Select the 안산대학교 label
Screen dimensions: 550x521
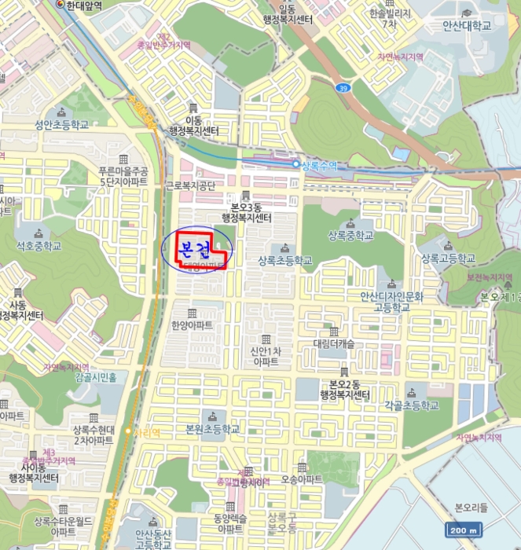[466, 25]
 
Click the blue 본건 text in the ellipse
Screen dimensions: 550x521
[196, 250]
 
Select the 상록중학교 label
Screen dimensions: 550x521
[350, 235]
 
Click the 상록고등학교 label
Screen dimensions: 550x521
[448, 258]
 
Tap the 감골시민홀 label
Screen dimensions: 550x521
[96, 377]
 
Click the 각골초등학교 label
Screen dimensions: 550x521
[412, 405]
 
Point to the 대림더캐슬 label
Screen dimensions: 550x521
[335, 343]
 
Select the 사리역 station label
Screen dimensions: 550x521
[147, 432]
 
